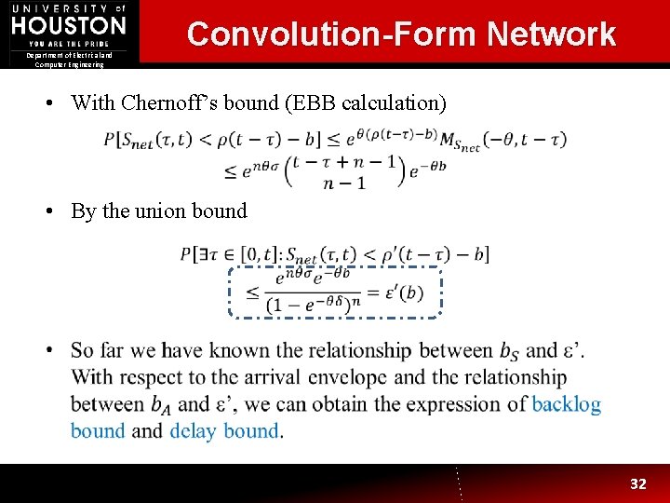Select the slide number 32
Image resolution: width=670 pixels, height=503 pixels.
pos(637,483)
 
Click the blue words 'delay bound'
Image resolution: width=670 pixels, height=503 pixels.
pos(224,430)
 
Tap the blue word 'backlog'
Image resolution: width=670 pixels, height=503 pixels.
pos(566,404)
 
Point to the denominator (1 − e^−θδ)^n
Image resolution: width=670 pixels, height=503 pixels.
pos(311,305)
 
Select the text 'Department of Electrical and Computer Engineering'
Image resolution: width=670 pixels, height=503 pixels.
pos(70,60)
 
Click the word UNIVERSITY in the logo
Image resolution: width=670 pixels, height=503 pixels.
pos(57,7)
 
